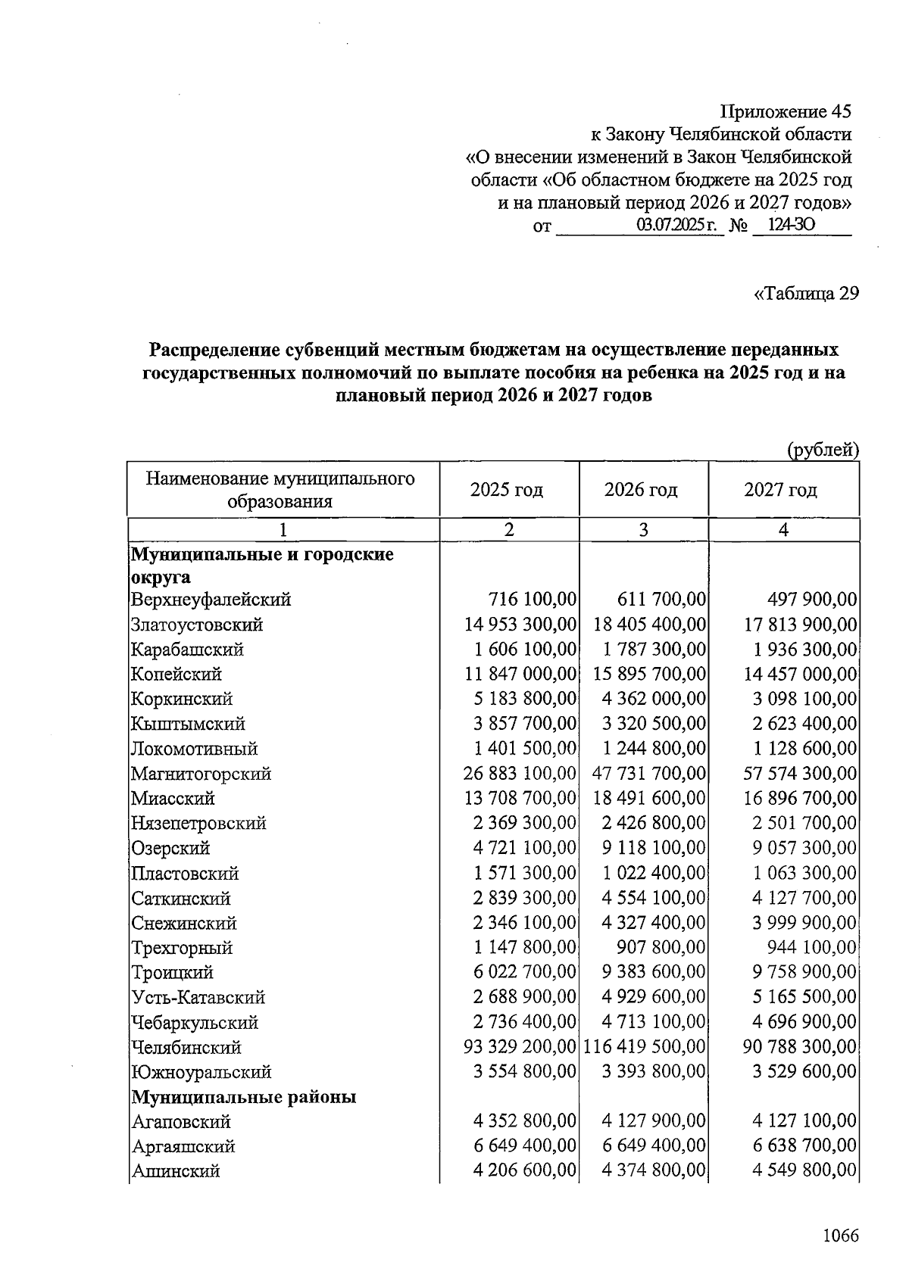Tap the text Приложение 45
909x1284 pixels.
click(x=786, y=112)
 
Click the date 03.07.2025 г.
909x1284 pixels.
click(x=676, y=225)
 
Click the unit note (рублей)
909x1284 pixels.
click(x=823, y=450)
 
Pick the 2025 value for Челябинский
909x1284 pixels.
click(x=520, y=1047)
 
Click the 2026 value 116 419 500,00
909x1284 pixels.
click(x=645, y=1047)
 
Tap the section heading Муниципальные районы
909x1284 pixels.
click(x=244, y=1097)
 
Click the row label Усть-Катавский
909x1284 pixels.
click(x=198, y=997)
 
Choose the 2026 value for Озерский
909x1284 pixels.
click(x=654, y=848)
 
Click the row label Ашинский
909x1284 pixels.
click(x=176, y=1171)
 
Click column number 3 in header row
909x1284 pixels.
click(x=643, y=530)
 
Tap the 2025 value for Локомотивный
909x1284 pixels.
click(x=525, y=749)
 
